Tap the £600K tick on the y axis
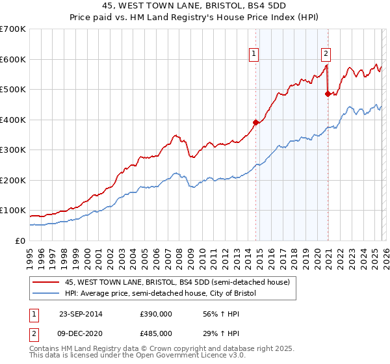pos(12,59)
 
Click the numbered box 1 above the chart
pos(253,55)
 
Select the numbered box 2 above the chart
pos(326,55)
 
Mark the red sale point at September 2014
pos(255,122)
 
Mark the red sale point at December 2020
pos(328,94)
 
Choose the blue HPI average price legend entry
pos(161,294)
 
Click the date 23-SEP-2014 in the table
pos(81,314)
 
